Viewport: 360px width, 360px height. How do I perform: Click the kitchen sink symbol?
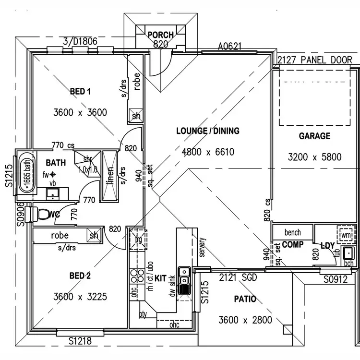coord(183,280)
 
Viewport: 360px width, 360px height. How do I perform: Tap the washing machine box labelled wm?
coord(346,236)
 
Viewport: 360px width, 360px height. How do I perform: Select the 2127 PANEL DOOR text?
coord(315,60)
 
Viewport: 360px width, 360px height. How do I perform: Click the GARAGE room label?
coord(314,136)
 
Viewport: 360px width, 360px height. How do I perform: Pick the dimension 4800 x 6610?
coord(208,152)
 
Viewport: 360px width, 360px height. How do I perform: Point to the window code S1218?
coord(79,341)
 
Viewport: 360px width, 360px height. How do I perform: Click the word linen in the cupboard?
coord(110,176)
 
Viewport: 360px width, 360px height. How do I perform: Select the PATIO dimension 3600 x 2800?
coord(245,320)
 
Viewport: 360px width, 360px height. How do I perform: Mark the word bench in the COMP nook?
coord(293,232)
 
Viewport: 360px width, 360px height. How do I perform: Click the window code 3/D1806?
coord(80,41)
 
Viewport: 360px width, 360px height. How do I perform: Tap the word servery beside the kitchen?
coord(202,248)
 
